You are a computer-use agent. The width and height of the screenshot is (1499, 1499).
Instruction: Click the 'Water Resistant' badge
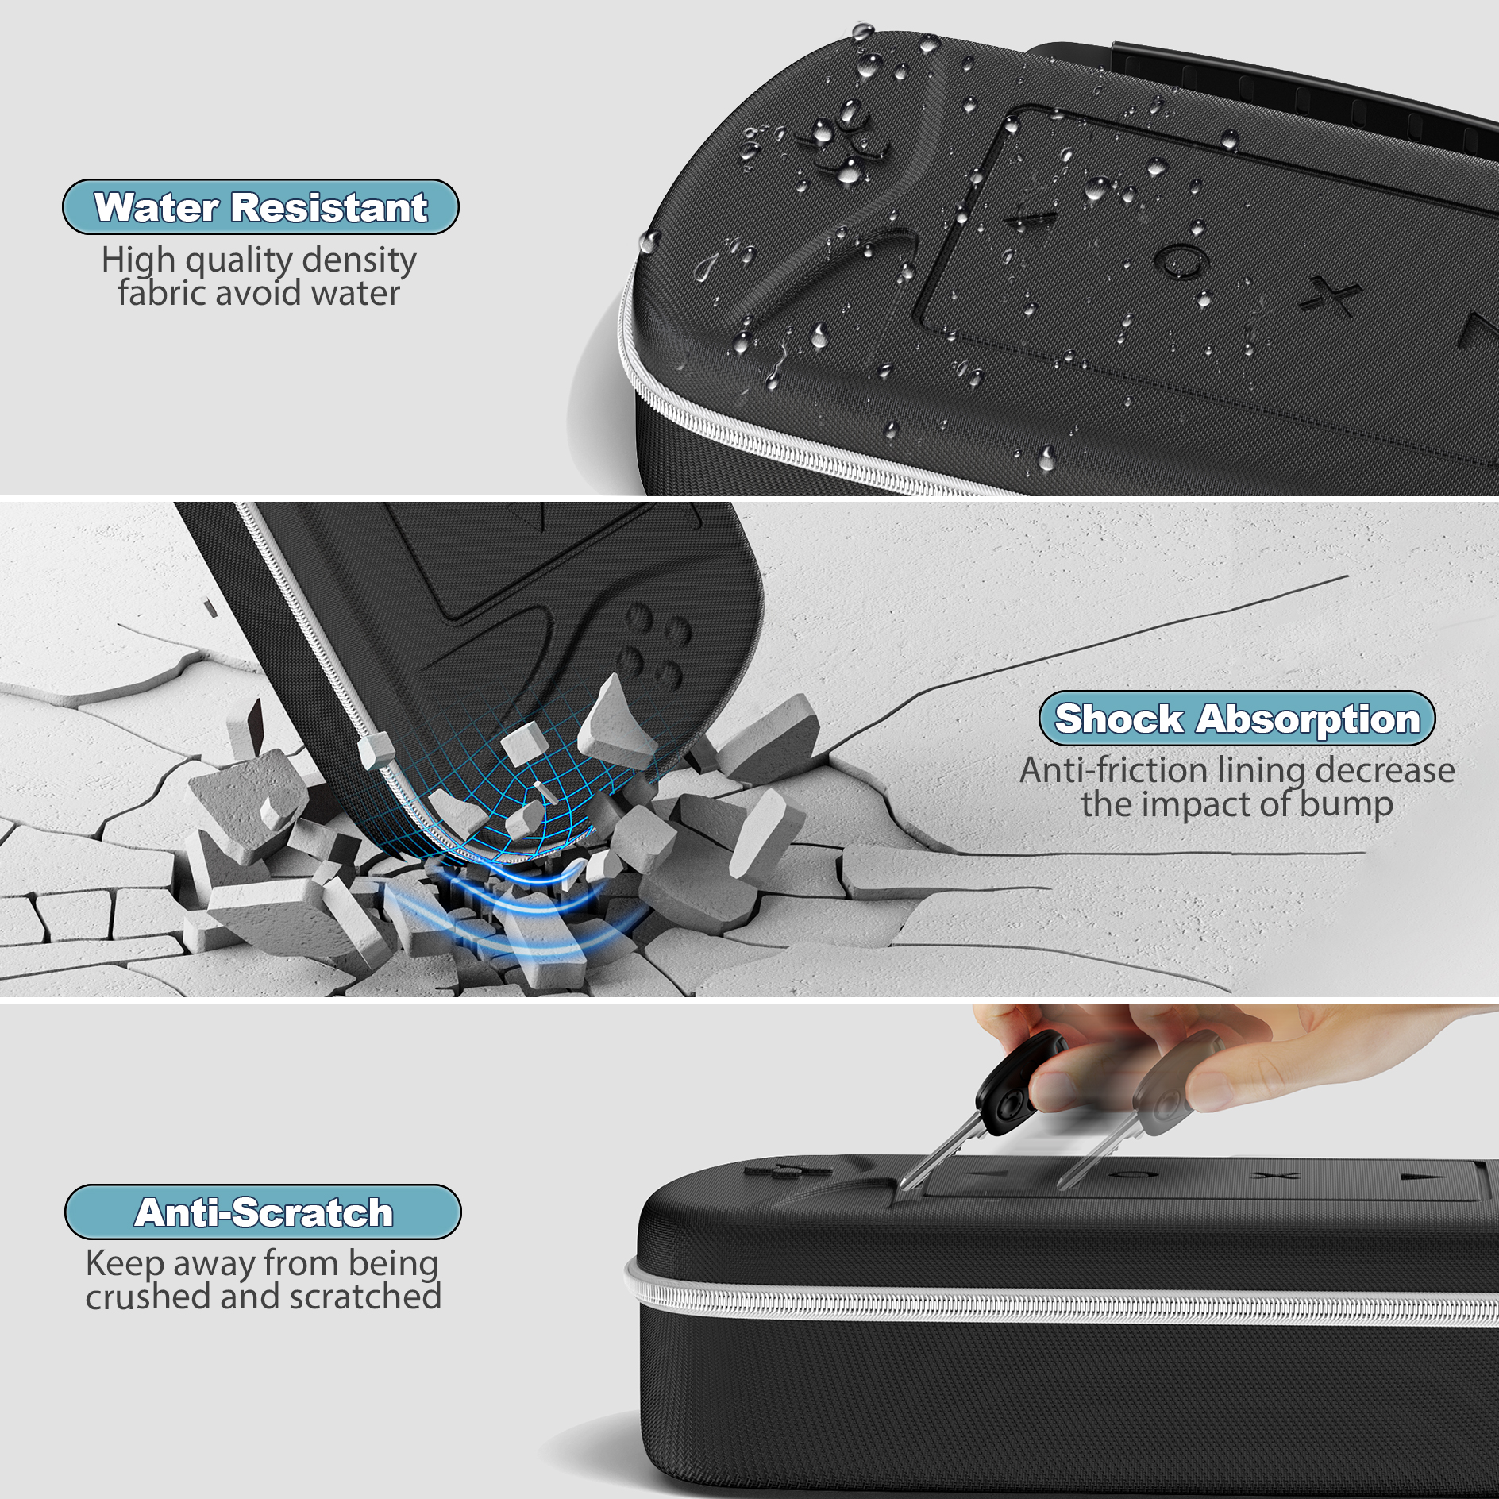click(260, 207)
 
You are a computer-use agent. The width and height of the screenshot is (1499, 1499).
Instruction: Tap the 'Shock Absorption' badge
click(1236, 719)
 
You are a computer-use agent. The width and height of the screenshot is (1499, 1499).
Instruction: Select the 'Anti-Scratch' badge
click(263, 1212)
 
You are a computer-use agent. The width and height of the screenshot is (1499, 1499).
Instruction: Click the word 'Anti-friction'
click(1113, 770)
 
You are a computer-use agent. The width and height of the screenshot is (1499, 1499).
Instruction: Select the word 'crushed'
click(148, 1297)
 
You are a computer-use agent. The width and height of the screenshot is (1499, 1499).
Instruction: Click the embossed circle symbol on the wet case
click(1181, 260)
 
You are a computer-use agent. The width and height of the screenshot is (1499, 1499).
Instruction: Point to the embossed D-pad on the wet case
click(842, 143)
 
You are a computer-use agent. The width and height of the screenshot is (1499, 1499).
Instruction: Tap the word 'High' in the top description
click(138, 260)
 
